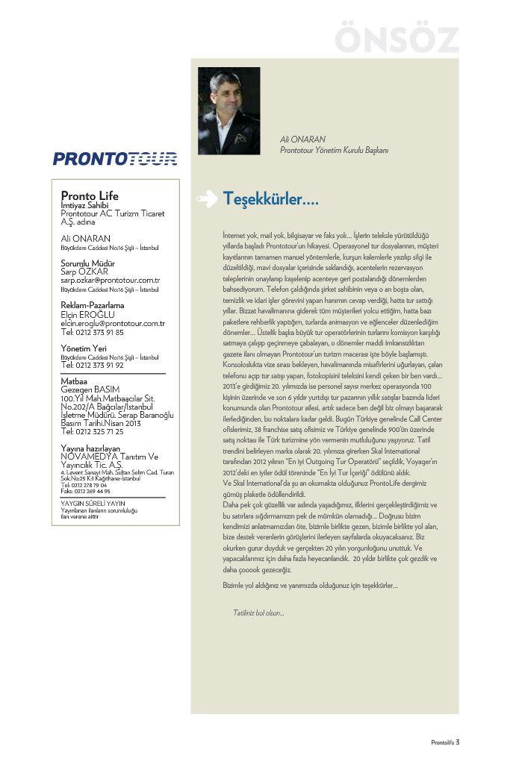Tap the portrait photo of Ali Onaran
(x=228, y=110)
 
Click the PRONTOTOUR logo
(x=115, y=158)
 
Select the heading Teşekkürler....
(x=270, y=199)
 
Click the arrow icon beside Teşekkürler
(x=206, y=198)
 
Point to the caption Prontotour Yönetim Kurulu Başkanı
(x=334, y=150)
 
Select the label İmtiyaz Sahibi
(x=84, y=205)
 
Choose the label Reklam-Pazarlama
(x=93, y=305)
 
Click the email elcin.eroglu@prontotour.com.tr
(x=112, y=323)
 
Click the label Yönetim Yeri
(x=84, y=348)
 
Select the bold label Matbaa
(x=74, y=381)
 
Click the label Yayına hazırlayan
(x=90, y=448)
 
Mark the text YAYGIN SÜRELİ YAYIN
(x=93, y=504)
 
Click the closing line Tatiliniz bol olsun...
(x=258, y=613)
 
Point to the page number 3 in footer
(x=458, y=742)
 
